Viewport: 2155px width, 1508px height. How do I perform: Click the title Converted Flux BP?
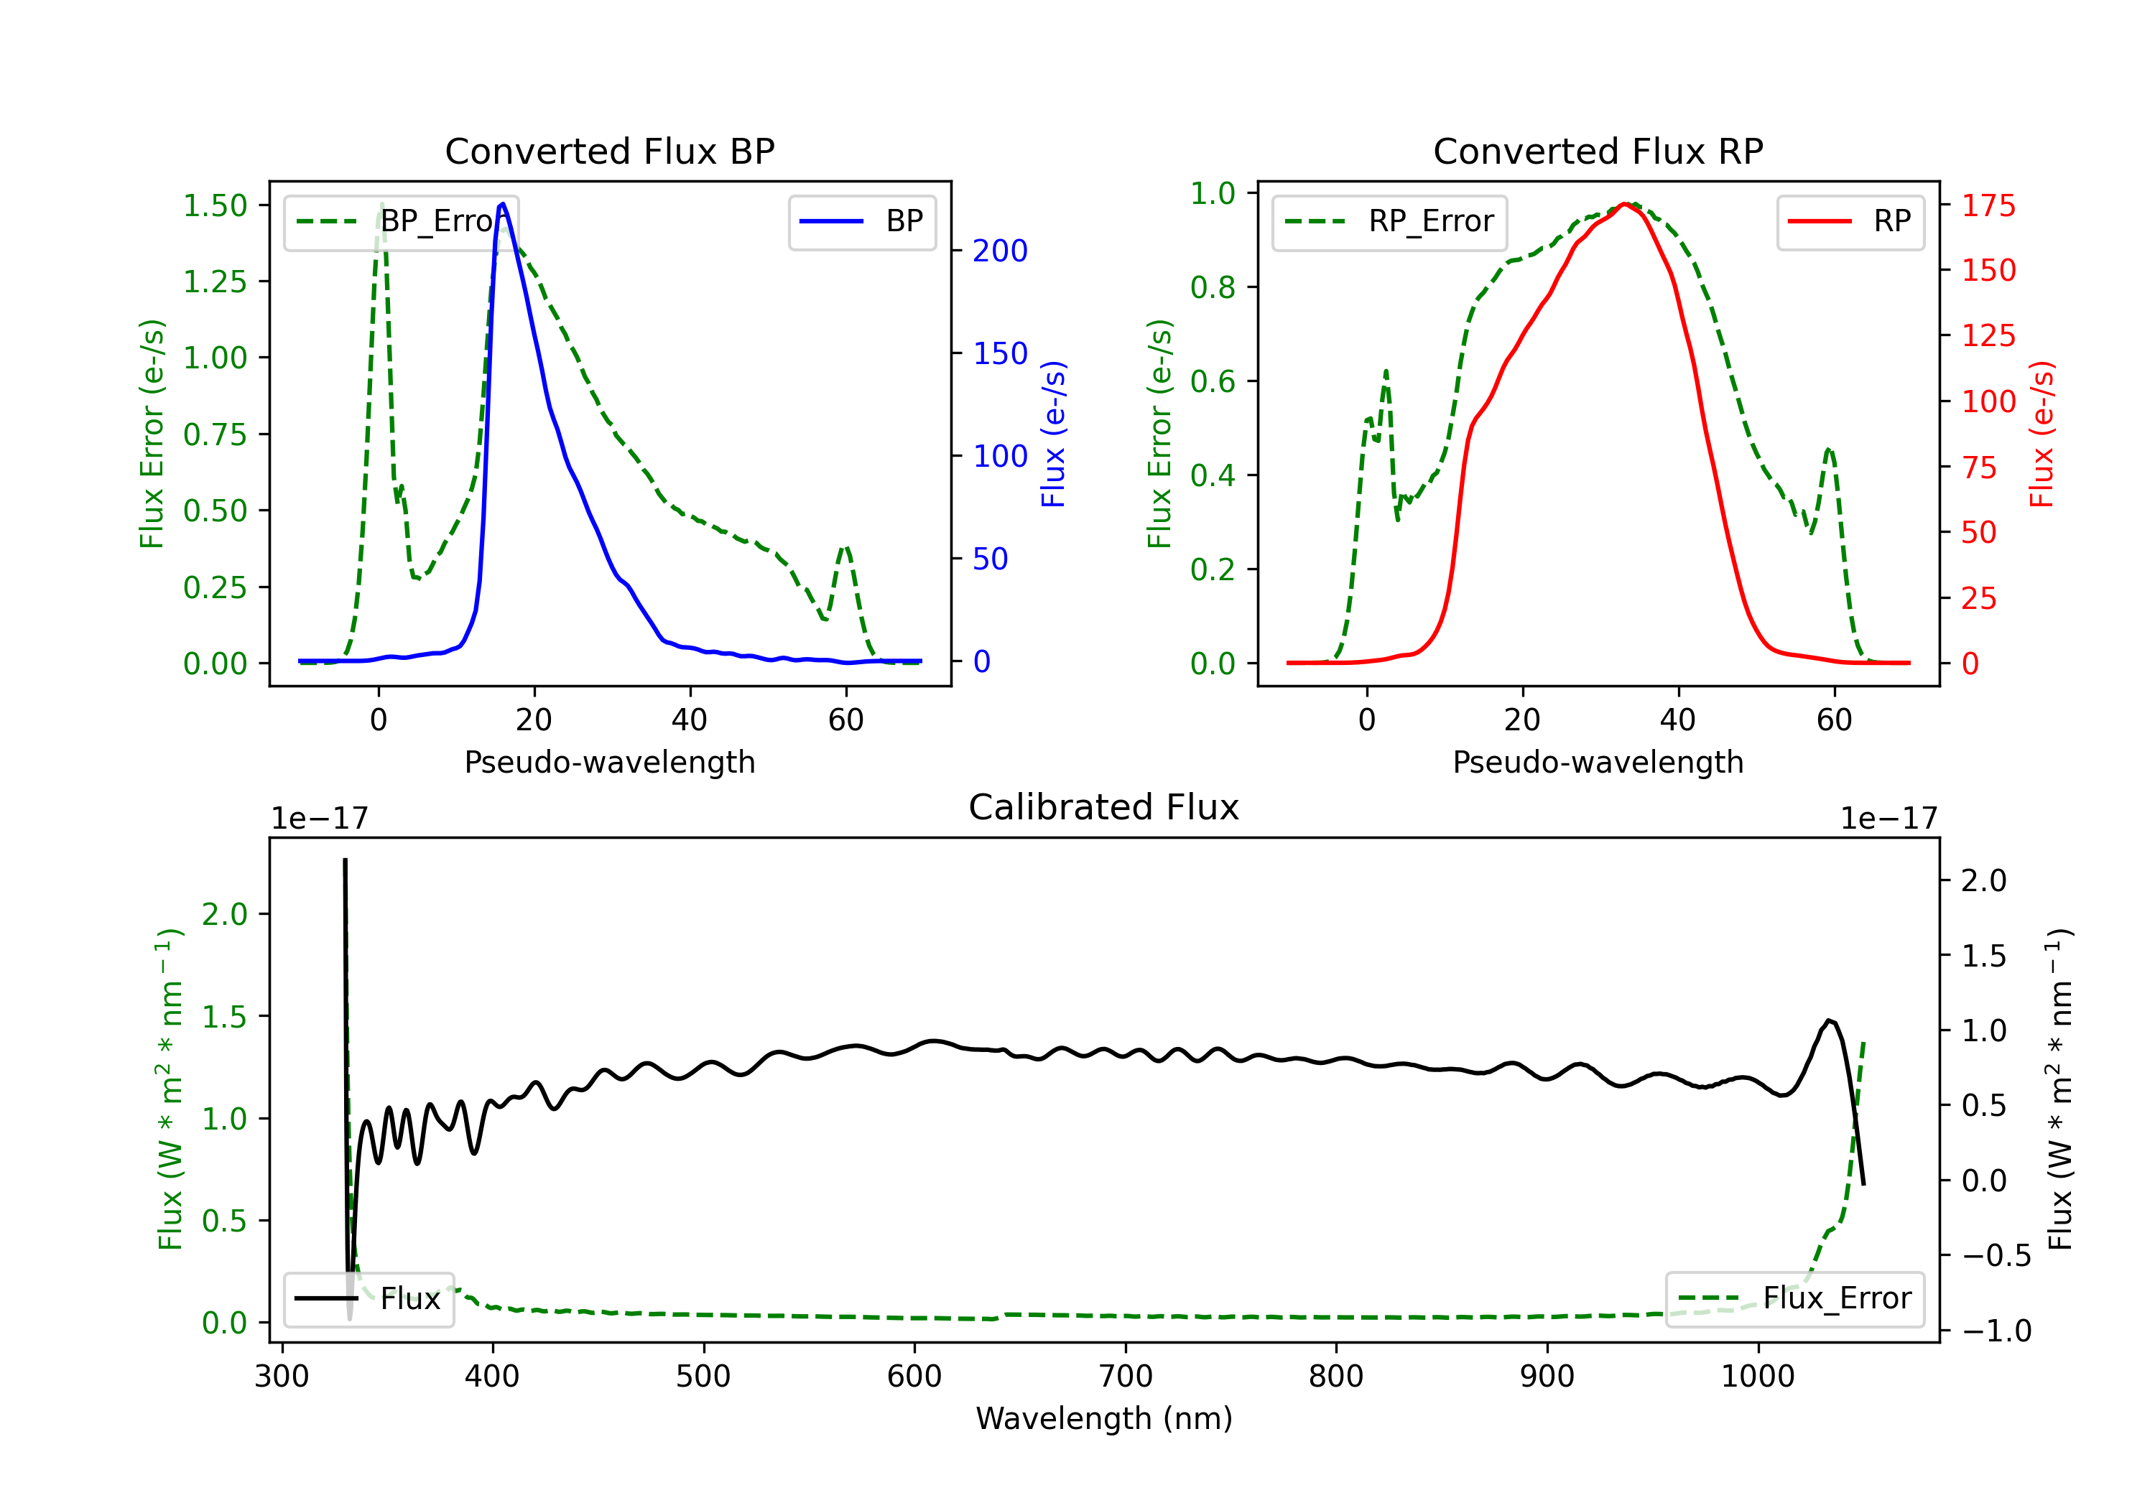609,151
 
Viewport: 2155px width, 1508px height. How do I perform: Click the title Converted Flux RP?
1598,151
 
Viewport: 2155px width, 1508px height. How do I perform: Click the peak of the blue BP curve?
503,204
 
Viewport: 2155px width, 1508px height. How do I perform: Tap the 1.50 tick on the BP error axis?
215,205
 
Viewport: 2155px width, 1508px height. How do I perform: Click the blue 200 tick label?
1000,251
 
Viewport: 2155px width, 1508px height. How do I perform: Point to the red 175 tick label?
1988,205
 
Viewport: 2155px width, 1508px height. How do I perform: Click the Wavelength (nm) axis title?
1104,1419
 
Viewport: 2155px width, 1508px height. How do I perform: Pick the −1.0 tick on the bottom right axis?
1996,1331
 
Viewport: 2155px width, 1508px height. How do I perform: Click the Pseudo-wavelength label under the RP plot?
1598,762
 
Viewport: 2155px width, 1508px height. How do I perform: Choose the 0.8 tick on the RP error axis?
1212,287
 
